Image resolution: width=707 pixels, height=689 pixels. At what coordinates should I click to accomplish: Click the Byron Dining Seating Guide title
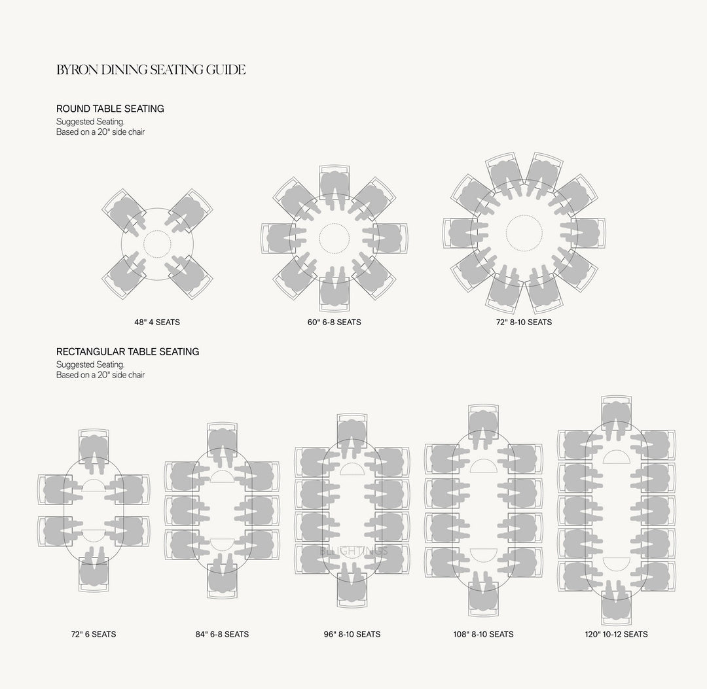tap(151, 69)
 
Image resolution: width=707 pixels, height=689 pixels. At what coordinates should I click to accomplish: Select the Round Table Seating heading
tap(110, 109)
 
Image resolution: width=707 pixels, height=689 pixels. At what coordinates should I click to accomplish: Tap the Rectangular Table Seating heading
tap(128, 351)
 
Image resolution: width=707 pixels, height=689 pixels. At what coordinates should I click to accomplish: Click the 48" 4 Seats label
tap(157, 322)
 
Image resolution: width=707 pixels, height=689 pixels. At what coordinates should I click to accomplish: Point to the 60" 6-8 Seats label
tap(334, 322)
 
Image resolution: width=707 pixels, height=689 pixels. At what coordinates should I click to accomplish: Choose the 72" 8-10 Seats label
tap(524, 322)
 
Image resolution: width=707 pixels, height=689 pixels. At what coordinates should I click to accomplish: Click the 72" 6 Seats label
tap(94, 634)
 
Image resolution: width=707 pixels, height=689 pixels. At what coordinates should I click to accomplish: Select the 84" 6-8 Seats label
tap(222, 634)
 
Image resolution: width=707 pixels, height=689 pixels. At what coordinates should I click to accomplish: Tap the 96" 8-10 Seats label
tap(352, 634)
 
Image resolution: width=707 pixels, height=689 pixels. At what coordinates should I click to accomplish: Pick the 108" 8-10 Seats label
tap(483, 634)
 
